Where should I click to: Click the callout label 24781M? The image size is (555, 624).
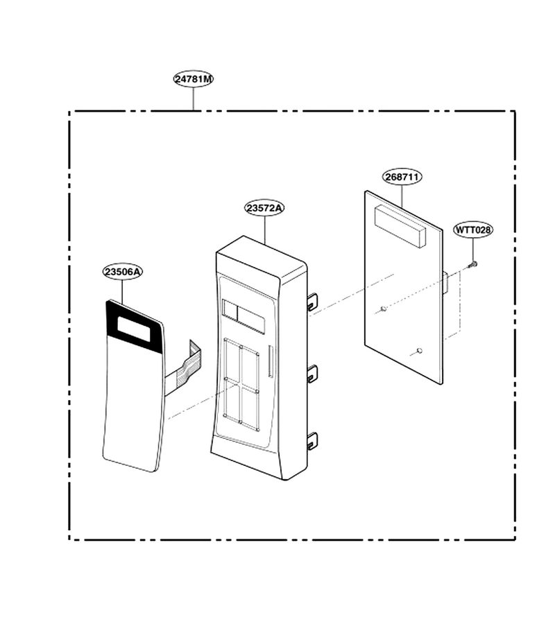[194, 79]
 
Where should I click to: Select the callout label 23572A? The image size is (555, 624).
[264, 208]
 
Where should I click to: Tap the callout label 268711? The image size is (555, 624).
[402, 176]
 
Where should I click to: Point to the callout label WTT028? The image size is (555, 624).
[473, 229]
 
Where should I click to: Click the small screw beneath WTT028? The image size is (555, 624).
[473, 264]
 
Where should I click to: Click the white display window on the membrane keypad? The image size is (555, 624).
[134, 329]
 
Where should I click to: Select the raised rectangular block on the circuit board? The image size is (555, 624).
[400, 225]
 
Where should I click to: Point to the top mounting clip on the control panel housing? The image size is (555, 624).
[313, 301]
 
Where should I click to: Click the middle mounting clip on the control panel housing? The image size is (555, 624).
[313, 372]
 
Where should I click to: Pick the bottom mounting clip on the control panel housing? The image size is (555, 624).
[313, 440]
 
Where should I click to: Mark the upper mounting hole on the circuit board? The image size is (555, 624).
[384, 309]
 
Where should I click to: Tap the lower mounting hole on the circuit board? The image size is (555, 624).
[419, 351]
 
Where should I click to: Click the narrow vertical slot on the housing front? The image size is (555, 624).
[271, 361]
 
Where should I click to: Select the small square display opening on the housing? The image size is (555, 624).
[230, 310]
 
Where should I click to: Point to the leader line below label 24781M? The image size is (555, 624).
[194, 98]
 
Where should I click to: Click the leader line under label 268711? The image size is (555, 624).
[402, 196]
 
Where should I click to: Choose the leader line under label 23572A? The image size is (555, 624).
[264, 229]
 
